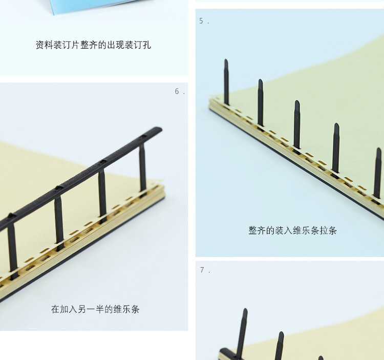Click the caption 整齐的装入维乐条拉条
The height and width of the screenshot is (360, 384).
point(292,230)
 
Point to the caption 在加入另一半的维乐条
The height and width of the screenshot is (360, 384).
point(95,309)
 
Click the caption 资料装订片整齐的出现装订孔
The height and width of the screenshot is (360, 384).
point(93,45)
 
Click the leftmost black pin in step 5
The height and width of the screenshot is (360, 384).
point(226,82)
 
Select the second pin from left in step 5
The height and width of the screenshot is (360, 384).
point(260,102)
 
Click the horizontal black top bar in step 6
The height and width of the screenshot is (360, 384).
point(82,177)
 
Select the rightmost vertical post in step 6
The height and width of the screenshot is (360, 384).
point(142,166)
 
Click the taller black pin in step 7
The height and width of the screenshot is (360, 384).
point(242,333)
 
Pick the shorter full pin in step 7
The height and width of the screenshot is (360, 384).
point(279,346)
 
